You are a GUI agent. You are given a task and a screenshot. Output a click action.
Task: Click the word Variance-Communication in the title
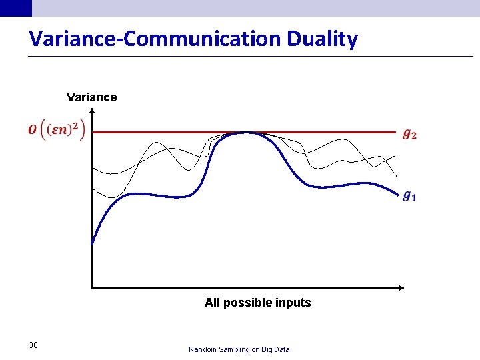pyautogui.click(x=155, y=39)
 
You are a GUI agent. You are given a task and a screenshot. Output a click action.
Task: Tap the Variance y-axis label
pyautogui.click(x=91, y=97)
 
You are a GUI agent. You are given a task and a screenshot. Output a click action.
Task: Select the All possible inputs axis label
pyautogui.click(x=257, y=303)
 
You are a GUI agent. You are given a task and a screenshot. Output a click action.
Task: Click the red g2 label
pyautogui.click(x=410, y=134)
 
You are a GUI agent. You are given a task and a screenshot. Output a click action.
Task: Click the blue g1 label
pyautogui.click(x=410, y=195)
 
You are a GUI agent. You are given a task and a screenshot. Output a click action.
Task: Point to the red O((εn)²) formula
pyautogui.click(x=57, y=129)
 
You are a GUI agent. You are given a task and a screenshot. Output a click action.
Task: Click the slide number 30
pyautogui.click(x=33, y=345)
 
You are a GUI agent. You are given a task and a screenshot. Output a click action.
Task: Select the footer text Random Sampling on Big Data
pyautogui.click(x=239, y=349)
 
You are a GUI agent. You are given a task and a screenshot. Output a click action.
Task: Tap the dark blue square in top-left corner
pyautogui.click(x=15, y=7)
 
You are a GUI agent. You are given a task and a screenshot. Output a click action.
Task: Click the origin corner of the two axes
pyautogui.click(x=92, y=287)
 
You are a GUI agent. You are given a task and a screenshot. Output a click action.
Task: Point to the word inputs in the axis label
pyautogui.click(x=293, y=303)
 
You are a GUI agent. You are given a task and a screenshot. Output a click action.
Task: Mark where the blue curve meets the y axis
pyautogui.click(x=92, y=241)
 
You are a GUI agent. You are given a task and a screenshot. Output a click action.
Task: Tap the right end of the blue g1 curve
pyautogui.click(x=397, y=193)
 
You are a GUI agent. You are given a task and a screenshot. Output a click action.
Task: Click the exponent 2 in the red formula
pyautogui.click(x=75, y=123)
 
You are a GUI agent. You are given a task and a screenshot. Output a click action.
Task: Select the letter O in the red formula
pyautogui.click(x=33, y=129)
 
